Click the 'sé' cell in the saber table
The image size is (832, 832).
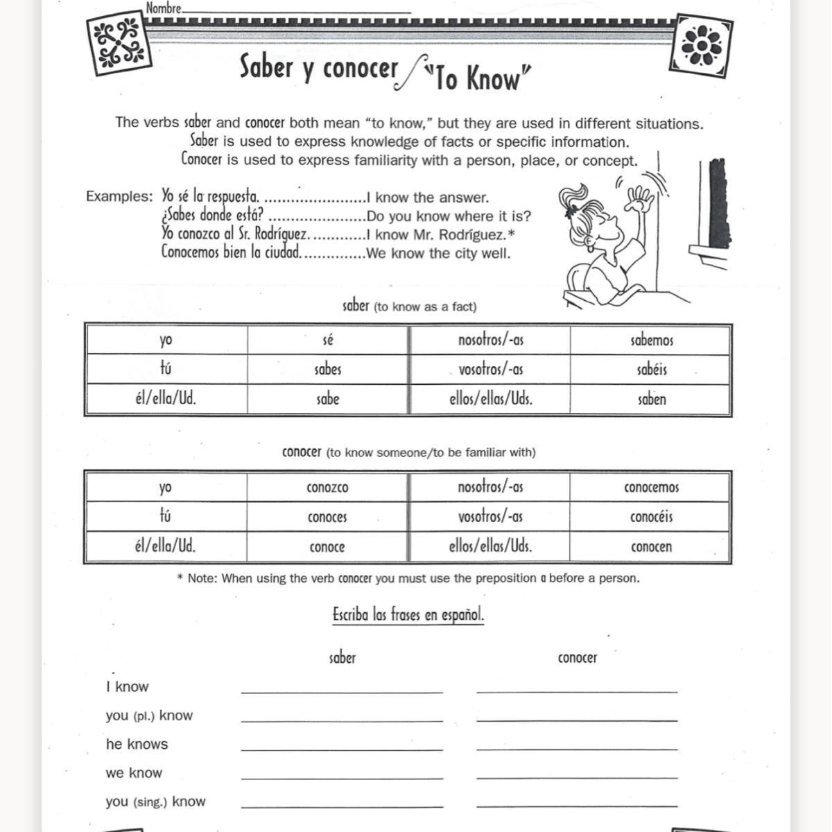point(328,340)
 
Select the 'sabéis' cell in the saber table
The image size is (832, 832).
point(652,370)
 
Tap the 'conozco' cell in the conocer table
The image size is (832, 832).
point(327,487)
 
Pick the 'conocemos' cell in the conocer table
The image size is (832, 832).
point(651,487)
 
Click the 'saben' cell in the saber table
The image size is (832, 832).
point(652,399)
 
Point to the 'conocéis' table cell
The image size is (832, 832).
point(651,517)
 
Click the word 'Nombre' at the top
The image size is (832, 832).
point(164,9)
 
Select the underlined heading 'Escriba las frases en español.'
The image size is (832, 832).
point(408,615)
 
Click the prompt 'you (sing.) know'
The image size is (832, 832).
point(155,801)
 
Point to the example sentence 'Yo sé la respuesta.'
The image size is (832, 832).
point(210,197)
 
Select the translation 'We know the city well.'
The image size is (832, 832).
point(438,254)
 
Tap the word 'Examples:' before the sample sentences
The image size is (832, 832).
point(119,196)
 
